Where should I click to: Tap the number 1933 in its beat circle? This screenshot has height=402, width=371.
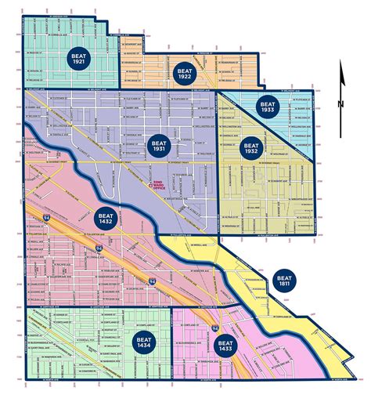(x=268, y=109)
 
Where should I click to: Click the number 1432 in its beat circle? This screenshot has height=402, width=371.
(x=107, y=218)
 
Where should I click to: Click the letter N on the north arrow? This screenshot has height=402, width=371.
(x=340, y=103)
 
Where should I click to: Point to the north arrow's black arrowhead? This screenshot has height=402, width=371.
(x=340, y=71)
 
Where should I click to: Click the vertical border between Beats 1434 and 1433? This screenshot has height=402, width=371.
(x=172, y=345)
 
